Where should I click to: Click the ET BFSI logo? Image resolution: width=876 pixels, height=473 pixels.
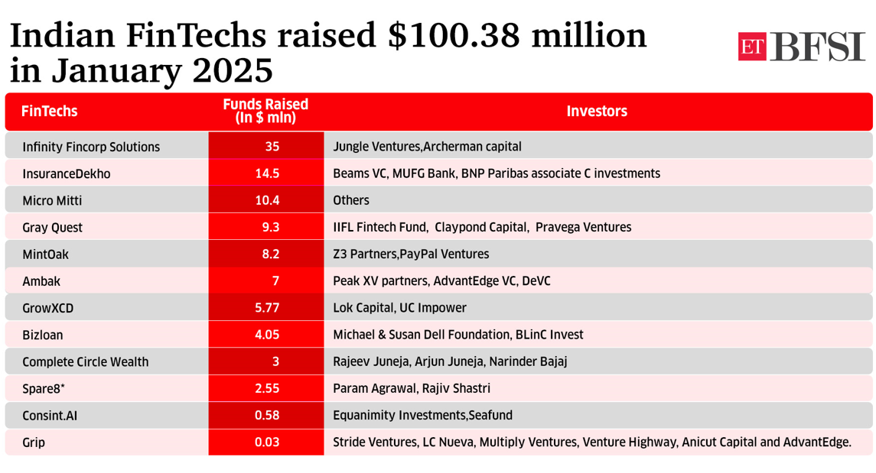point(801,47)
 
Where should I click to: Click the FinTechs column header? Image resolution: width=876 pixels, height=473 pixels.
point(50,112)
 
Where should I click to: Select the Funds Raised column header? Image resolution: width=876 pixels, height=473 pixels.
point(265,112)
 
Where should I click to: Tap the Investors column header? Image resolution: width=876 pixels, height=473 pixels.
point(597,112)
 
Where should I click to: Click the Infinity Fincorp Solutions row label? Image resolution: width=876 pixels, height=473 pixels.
point(91,147)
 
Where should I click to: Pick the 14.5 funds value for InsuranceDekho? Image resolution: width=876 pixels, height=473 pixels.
point(267,173)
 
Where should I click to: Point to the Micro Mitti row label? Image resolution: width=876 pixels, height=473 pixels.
point(52,201)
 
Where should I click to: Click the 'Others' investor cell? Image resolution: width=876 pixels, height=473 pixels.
point(351,201)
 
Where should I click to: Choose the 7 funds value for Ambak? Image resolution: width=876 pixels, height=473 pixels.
point(275,281)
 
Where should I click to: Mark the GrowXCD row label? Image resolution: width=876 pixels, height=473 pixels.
point(48,308)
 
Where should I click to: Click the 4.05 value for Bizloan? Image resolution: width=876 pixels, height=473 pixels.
point(267,335)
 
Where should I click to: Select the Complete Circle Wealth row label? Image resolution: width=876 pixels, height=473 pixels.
point(86,362)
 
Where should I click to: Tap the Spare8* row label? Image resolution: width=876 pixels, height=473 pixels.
point(44,389)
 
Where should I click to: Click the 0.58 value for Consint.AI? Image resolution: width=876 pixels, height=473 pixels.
point(267,416)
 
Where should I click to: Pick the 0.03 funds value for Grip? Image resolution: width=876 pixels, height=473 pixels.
point(267,442)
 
